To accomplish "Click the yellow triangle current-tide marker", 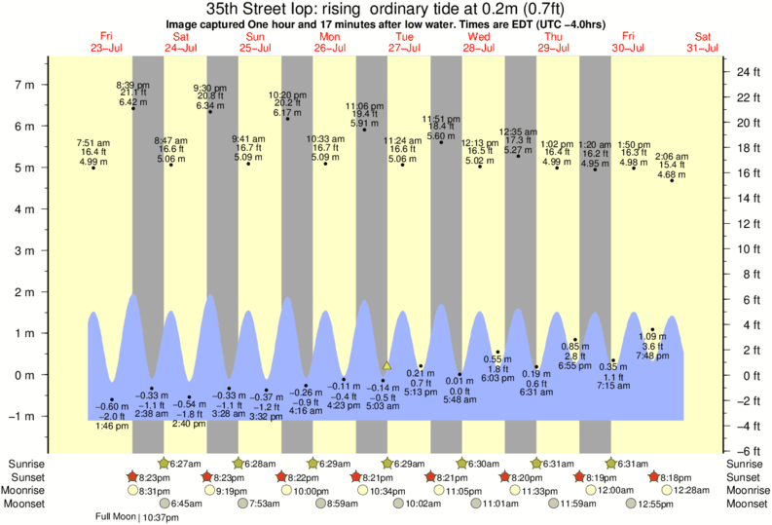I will tap(386, 366).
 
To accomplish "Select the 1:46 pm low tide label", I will tap(112, 426).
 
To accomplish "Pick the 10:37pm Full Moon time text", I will tap(159, 517).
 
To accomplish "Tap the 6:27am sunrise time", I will tap(187, 464).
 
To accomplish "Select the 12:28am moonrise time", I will tap(694, 491).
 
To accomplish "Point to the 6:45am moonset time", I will tap(187, 504).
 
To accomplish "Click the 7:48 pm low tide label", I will tap(652, 356).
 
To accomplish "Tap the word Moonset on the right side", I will tap(746, 504).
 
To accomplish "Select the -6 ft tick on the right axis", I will tap(747, 451).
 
